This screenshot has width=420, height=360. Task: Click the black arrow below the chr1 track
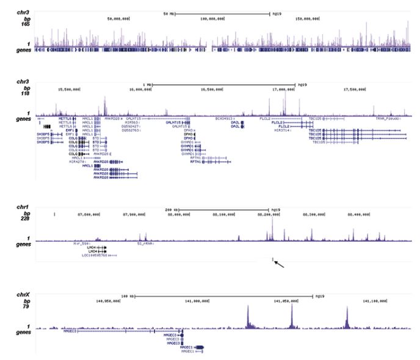[278, 264]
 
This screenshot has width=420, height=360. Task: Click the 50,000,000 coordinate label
[118, 18]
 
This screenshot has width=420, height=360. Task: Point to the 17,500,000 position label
[353, 89]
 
